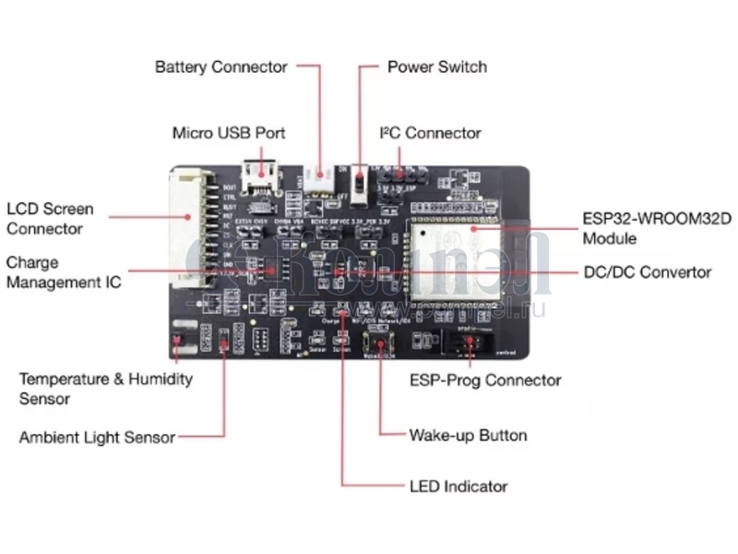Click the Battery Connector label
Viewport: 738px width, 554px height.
point(221,67)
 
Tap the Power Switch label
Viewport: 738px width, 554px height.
point(436,67)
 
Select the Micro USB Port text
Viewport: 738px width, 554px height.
point(229,133)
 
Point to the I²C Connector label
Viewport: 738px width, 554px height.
point(431,133)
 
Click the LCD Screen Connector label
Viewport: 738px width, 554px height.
point(50,219)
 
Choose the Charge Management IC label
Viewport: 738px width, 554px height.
point(63,272)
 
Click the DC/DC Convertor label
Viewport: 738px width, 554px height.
point(648,272)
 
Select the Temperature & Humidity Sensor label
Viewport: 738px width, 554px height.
point(106,389)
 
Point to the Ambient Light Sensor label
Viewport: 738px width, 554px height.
point(97,438)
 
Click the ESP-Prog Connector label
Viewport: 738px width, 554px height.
point(485,379)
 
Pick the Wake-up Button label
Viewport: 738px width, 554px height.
point(468,435)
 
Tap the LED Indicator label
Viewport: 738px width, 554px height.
point(458,486)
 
